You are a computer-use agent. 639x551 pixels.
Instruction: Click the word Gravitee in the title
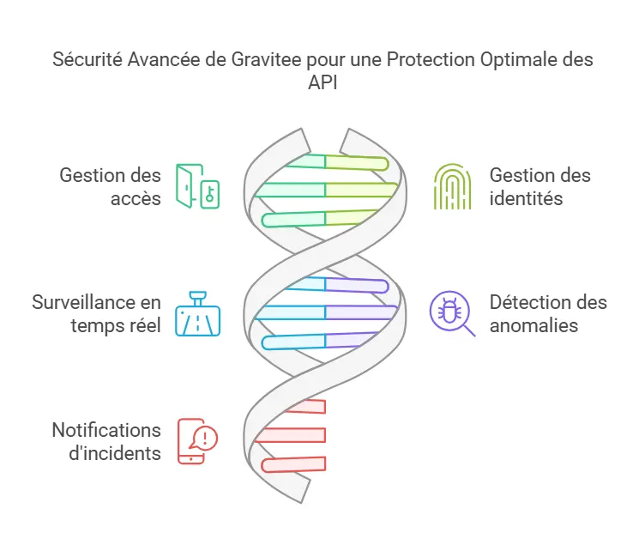coord(267,59)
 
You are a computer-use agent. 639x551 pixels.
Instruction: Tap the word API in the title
coord(323,82)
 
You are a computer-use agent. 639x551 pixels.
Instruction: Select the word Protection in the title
coord(431,59)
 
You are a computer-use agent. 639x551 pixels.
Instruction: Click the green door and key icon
coord(197,186)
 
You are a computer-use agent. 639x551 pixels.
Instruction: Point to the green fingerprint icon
coord(452,186)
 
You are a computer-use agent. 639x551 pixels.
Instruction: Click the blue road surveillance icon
coord(197,313)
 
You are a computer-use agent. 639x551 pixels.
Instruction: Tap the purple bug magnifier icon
coord(452,313)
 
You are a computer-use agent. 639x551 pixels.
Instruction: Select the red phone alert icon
coord(197,441)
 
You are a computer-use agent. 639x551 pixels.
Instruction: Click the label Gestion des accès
coord(110,187)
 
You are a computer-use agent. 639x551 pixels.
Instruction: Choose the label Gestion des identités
coord(540,187)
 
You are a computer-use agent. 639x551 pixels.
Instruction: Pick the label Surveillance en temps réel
coord(97,314)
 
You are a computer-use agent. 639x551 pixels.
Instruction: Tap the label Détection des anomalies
coord(548,314)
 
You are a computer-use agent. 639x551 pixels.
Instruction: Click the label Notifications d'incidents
coord(106,442)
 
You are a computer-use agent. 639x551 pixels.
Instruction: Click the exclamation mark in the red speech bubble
coord(205,439)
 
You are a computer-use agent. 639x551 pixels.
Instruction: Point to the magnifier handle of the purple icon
coord(469,330)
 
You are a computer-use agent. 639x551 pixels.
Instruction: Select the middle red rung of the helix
coord(290,435)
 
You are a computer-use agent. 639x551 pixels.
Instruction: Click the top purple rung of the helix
coord(357,285)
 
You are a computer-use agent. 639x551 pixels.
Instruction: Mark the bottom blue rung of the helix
coord(293,342)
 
